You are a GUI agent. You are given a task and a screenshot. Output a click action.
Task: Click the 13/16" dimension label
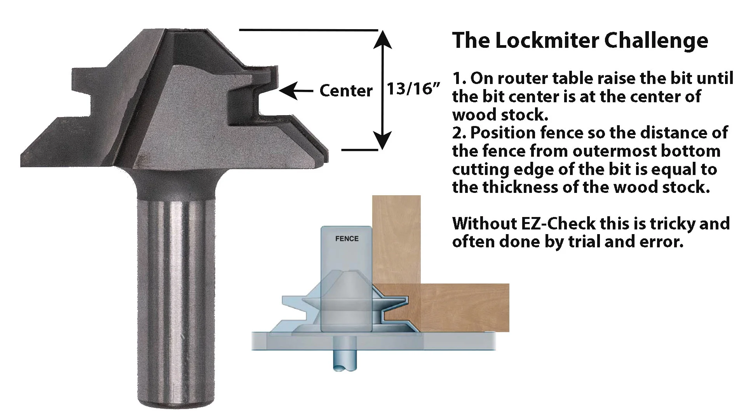(415, 89)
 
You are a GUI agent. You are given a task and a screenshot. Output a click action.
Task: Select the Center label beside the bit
(346, 91)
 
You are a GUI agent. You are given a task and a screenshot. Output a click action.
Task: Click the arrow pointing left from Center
(296, 91)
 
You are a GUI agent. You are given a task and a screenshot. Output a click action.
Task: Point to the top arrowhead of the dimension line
(383, 39)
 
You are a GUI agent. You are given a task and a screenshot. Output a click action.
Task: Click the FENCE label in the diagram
(347, 238)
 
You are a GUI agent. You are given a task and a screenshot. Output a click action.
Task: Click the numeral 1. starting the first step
(459, 78)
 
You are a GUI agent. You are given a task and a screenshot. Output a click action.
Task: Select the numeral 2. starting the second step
(460, 133)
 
